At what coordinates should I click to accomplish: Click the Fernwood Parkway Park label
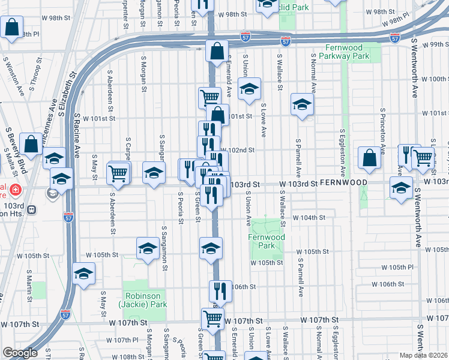tap(354, 52)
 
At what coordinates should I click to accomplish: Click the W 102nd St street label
tap(238, 150)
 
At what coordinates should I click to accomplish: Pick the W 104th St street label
tap(309, 218)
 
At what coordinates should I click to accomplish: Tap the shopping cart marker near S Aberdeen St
tap(118, 173)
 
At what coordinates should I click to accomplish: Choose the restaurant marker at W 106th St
tap(220, 290)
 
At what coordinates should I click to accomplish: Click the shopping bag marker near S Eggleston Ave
tap(369, 157)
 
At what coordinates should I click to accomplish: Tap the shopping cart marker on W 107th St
tap(213, 319)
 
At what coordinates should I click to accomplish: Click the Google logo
tap(20, 353)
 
